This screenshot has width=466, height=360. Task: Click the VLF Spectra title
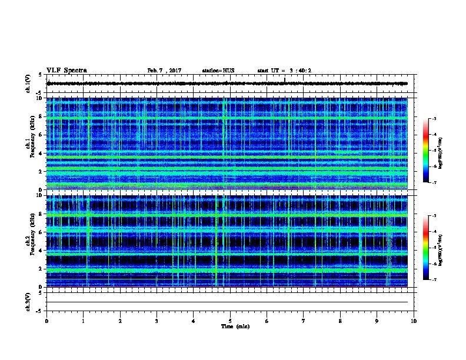coord(66,70)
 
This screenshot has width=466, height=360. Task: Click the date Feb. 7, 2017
coord(164,71)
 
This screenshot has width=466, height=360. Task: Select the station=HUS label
coord(218,71)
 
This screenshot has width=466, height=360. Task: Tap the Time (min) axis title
coord(235,326)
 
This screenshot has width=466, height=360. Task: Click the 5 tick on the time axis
coord(230,321)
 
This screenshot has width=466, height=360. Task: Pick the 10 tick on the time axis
coord(414,321)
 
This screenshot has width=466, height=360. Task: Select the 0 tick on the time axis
coord(46,321)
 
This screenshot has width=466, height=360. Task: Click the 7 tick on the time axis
coord(304,321)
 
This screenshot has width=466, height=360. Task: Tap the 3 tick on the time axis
coord(157,321)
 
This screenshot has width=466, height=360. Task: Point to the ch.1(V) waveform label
coord(29,84)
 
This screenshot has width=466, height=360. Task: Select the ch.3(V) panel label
coord(29,302)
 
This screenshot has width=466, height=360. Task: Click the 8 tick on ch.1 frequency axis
coord(40,116)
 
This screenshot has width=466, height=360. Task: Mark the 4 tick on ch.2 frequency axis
coord(40,251)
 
